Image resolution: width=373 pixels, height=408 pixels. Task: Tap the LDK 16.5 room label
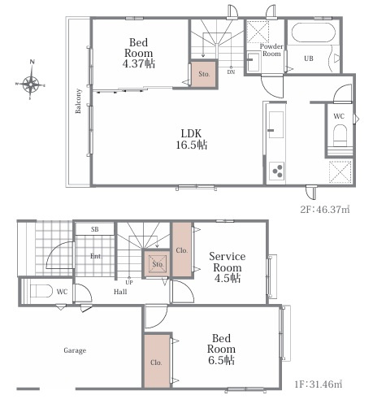tap(192, 139)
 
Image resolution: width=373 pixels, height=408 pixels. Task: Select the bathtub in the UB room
tap(312, 33)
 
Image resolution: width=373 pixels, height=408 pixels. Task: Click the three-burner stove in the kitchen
tap(276, 171)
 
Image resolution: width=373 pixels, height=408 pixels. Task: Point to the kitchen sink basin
tap(275, 125)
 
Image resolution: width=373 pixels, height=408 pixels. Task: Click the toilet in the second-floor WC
tap(340, 135)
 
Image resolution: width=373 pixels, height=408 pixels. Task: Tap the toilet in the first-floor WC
tap(41, 291)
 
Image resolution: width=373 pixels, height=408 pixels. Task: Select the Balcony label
tap(78, 101)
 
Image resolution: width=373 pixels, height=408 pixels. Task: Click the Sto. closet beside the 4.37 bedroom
tap(204, 74)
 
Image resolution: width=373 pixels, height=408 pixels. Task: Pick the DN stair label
tap(231, 72)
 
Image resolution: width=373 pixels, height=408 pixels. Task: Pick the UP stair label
tap(129, 283)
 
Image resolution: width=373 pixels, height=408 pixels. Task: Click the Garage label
tap(75, 350)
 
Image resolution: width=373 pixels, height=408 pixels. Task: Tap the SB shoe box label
tap(94, 229)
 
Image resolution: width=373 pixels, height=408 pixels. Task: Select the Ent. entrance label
tap(96, 256)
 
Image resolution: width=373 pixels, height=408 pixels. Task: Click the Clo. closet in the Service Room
tap(182, 250)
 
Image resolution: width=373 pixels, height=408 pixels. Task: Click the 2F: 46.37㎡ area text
tap(325, 210)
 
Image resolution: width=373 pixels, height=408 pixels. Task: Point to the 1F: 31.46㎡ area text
tap(318, 384)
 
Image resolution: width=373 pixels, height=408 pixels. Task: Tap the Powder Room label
tap(271, 50)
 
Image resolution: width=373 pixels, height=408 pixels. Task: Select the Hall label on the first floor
tap(120, 292)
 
